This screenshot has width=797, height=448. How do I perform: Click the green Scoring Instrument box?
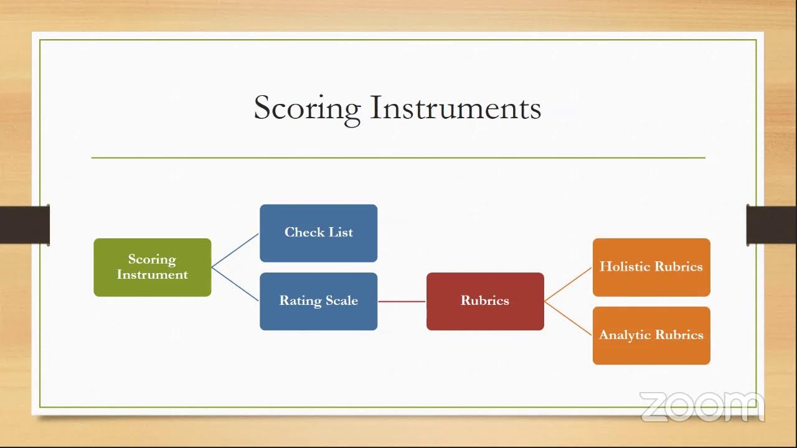pyautogui.click(x=153, y=268)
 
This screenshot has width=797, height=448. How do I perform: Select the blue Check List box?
pyautogui.click(x=318, y=233)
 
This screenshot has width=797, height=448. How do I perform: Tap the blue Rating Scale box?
pyautogui.click(x=318, y=302)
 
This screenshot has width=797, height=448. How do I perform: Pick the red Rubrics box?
pyautogui.click(x=485, y=302)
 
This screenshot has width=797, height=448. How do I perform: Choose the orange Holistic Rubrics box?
pyautogui.click(x=651, y=268)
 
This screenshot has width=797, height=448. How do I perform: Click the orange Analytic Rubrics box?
pyautogui.click(x=651, y=335)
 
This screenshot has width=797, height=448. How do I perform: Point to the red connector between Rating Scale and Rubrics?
pyautogui.click(x=402, y=302)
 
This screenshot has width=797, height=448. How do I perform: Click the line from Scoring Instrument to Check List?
pyautogui.click(x=235, y=250)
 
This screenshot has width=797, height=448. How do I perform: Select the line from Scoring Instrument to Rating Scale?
pyautogui.click(x=235, y=284)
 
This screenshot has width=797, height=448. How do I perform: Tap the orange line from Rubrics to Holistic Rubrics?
pyautogui.click(x=568, y=284)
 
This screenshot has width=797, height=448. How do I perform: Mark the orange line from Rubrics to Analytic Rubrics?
pyautogui.click(x=568, y=319)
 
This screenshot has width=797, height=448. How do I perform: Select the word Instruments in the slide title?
pyautogui.click(x=456, y=108)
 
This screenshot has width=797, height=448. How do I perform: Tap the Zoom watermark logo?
pyautogui.click(x=702, y=407)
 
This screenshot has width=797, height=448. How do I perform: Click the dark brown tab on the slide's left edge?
pyautogui.click(x=25, y=225)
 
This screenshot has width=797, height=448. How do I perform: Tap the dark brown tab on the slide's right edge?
pyautogui.click(x=771, y=225)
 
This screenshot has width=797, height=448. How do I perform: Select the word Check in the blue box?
pyautogui.click(x=304, y=232)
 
